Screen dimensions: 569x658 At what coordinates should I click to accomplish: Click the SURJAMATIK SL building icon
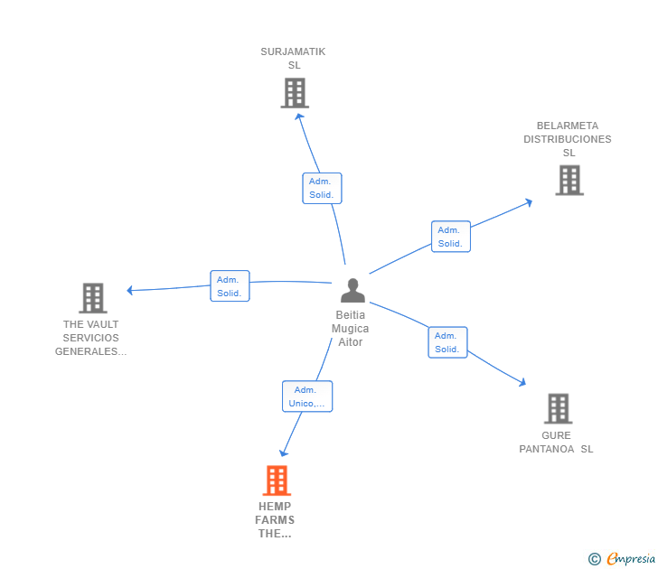click(x=294, y=93)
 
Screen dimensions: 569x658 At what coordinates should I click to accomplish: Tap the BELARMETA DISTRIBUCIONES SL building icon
click(x=569, y=180)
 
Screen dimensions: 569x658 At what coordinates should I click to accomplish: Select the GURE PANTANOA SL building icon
click(x=558, y=408)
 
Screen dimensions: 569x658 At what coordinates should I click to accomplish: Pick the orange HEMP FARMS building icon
click(x=277, y=480)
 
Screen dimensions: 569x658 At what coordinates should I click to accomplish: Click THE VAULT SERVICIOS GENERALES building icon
click(x=92, y=297)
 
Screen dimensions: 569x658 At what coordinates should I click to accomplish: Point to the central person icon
click(x=352, y=291)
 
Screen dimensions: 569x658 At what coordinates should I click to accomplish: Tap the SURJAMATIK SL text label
click(x=293, y=59)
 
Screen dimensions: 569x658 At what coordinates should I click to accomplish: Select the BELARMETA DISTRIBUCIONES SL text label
click(x=568, y=139)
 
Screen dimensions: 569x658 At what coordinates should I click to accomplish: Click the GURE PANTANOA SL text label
click(x=556, y=443)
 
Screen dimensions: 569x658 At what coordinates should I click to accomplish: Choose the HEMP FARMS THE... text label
click(x=275, y=519)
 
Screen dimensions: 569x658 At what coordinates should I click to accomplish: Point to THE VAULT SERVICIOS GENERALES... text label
click(x=90, y=338)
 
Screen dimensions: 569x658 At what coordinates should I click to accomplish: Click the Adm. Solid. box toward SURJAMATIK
click(x=321, y=188)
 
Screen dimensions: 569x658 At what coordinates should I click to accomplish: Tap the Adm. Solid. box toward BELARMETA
click(x=450, y=237)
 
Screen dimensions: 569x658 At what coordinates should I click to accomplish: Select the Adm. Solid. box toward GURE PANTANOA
click(x=446, y=342)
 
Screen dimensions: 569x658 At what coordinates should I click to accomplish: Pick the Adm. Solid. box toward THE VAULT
click(x=229, y=286)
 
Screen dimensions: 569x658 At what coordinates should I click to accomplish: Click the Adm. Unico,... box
click(x=306, y=396)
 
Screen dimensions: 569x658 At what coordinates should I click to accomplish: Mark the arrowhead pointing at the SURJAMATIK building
click(x=299, y=116)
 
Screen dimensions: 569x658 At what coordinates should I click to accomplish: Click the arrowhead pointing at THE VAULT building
click(x=130, y=290)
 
